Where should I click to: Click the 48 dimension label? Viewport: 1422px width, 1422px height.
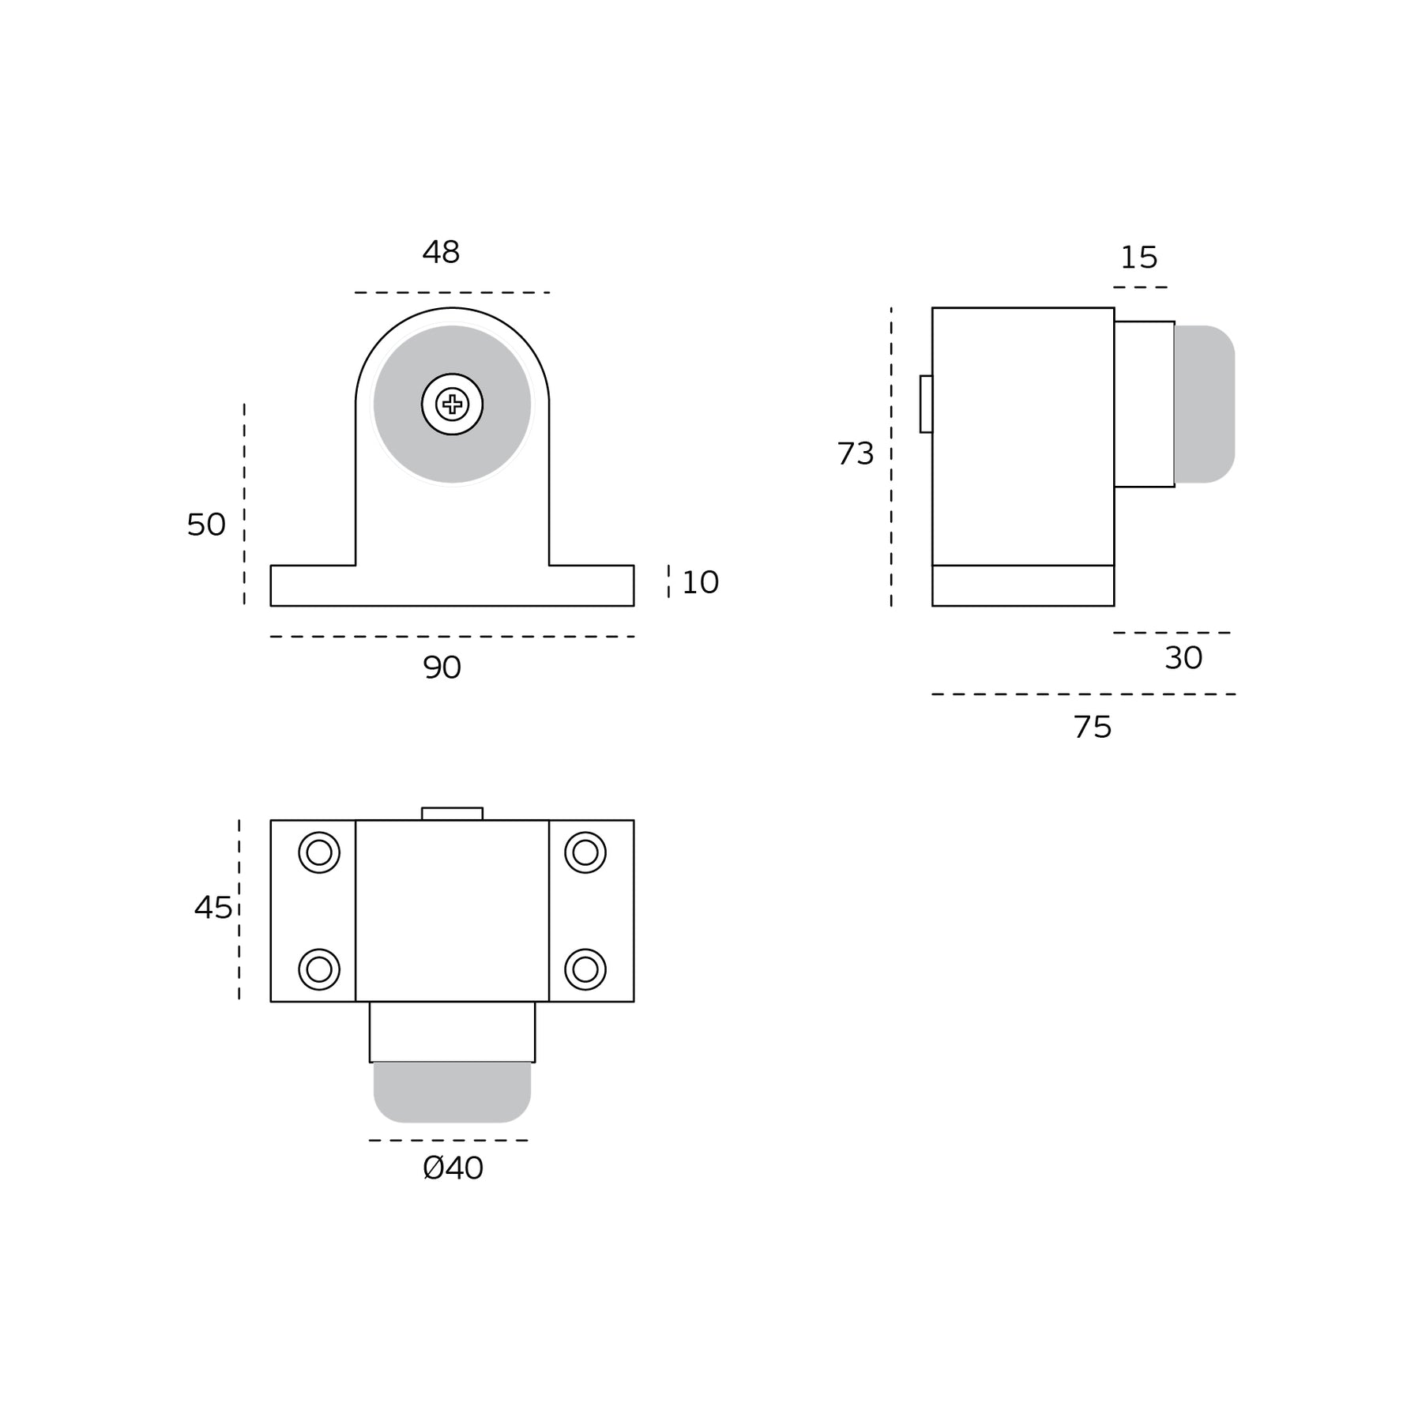(x=441, y=252)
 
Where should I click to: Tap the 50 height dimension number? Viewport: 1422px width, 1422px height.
(x=206, y=525)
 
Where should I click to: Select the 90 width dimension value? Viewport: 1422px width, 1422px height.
(x=442, y=668)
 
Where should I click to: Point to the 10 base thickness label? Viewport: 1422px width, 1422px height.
(x=700, y=582)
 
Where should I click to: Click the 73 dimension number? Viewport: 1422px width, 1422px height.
(x=856, y=453)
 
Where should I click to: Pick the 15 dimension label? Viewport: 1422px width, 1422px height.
(x=1138, y=258)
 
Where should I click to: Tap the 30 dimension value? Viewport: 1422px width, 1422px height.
(x=1183, y=658)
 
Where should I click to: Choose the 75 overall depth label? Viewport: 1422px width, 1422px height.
(x=1093, y=727)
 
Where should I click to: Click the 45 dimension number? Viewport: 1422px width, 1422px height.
(x=213, y=908)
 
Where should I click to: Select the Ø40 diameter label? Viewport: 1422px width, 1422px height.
(x=453, y=1168)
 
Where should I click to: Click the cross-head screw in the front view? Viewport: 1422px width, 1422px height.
(x=452, y=404)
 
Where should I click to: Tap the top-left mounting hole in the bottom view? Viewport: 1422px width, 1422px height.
(x=319, y=852)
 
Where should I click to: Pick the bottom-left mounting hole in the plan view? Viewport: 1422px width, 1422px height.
(x=319, y=969)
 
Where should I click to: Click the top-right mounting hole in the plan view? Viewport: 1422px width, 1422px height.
(x=585, y=852)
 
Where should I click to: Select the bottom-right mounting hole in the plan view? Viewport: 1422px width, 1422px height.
(x=585, y=969)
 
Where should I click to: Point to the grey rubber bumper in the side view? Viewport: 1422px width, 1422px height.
(x=1205, y=404)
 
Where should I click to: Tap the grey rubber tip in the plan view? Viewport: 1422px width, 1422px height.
(x=452, y=1093)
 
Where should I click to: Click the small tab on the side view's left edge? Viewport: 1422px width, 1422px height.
(x=926, y=404)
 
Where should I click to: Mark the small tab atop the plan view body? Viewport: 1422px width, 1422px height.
(x=452, y=814)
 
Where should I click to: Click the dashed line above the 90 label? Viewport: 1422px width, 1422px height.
(x=452, y=637)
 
